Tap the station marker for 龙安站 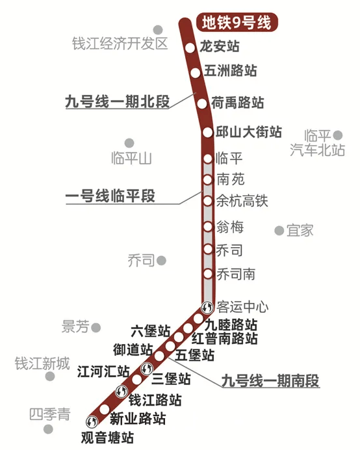(x=190, y=48)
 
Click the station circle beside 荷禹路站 (x=202, y=102)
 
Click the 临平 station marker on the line (x=207, y=159)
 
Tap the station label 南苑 (x=231, y=179)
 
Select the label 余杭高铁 (x=241, y=202)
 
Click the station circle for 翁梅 (x=207, y=226)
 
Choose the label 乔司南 (x=236, y=274)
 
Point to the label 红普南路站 (x=225, y=339)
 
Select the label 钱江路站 (x=155, y=399)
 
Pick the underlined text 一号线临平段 (x=110, y=196)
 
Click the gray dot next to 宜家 (x=279, y=230)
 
